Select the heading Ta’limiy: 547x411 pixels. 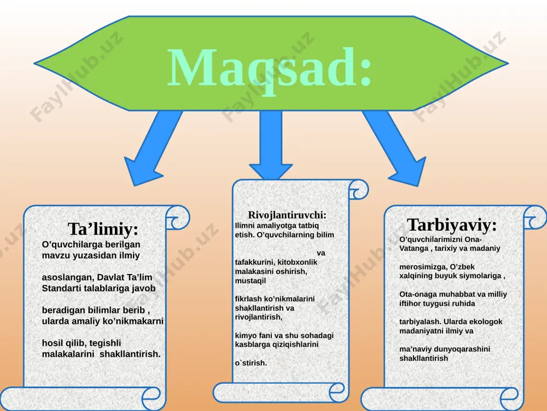coord(103,229)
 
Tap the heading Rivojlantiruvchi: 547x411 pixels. coord(287,215)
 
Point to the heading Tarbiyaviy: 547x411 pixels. coord(452,225)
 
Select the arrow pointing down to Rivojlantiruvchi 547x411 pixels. coord(271,145)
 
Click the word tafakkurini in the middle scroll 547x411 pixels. coord(254,262)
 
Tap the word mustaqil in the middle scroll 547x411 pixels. coord(250,281)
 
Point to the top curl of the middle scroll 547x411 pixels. coord(358,190)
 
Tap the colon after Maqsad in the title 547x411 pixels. coord(365,72)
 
